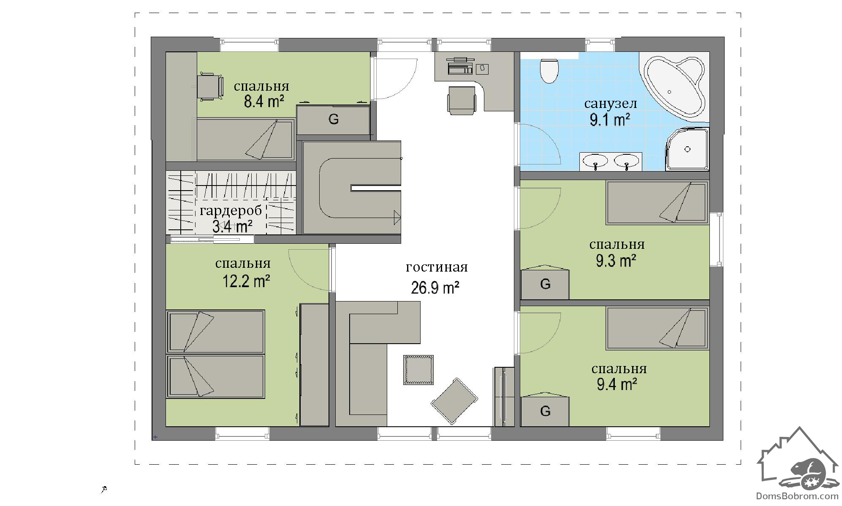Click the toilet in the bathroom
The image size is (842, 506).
coord(549,71)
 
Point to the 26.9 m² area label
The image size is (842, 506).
coord(435,288)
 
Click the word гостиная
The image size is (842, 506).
coord(437,268)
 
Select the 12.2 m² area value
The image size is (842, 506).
coord(246,281)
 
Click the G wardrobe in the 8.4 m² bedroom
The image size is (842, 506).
coord(333,120)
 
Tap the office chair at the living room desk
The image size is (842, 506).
coord(462,100)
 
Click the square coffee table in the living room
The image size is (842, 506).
coord(418,370)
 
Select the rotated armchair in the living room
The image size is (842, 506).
coord(454,401)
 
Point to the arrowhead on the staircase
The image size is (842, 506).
coord(397,218)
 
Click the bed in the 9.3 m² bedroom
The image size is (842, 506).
coord(657,202)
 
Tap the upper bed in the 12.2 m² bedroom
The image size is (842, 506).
coord(215,331)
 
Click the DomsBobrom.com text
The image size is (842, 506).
coord(797,496)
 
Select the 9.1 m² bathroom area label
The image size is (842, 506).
coord(610,121)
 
